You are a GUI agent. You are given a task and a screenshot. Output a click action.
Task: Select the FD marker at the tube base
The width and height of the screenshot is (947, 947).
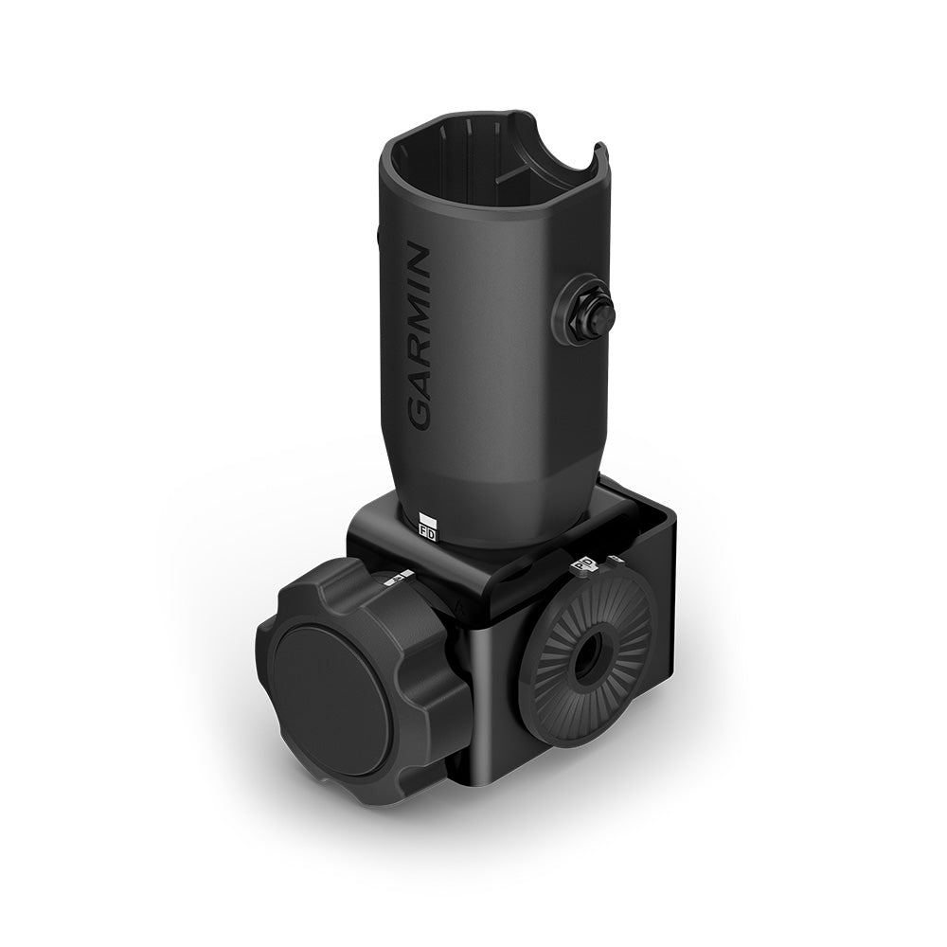click(x=426, y=532)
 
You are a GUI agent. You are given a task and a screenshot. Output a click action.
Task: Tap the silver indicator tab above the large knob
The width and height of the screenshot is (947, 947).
click(x=398, y=577)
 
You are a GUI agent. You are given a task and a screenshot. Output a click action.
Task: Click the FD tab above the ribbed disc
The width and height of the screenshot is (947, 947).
click(x=583, y=565)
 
